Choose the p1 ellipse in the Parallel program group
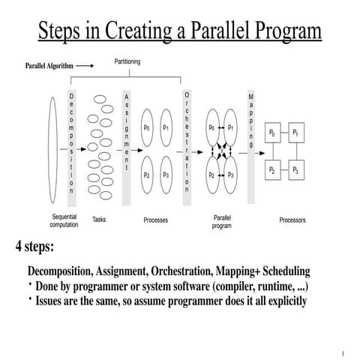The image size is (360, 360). pyautogui.click(x=231, y=127)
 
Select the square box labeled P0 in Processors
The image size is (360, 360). pyautogui.click(x=271, y=133)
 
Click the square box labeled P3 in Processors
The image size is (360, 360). pyautogui.click(x=298, y=170)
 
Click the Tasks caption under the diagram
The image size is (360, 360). pyautogui.click(x=99, y=220)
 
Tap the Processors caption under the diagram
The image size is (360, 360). pyautogui.click(x=292, y=220)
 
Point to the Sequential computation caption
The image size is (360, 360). pyautogui.click(x=64, y=220)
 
